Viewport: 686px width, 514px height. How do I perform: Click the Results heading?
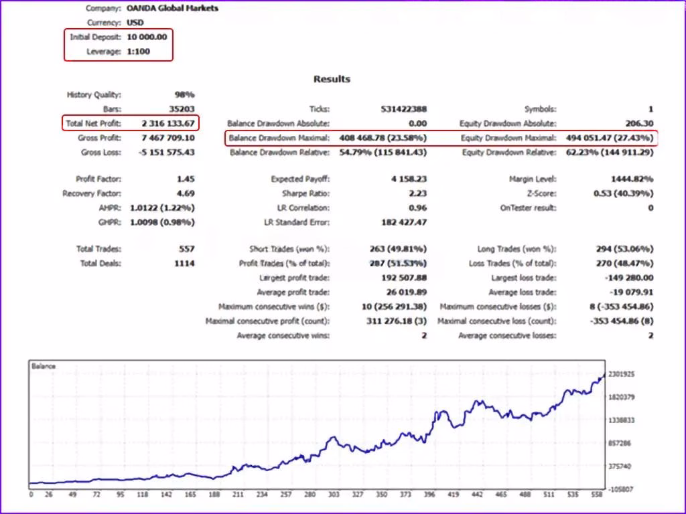click(332, 79)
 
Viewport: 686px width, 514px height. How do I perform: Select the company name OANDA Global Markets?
click(172, 8)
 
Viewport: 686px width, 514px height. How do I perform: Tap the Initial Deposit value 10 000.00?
click(147, 37)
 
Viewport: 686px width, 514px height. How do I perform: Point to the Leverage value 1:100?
click(138, 52)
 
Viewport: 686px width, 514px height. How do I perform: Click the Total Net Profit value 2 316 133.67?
click(168, 123)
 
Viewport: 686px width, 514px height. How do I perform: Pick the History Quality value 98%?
click(184, 94)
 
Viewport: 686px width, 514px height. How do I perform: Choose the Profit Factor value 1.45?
click(186, 179)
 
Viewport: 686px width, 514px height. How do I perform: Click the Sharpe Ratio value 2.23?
click(417, 193)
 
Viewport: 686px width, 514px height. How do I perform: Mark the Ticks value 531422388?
click(404, 109)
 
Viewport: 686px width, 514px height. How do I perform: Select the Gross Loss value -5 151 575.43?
click(166, 152)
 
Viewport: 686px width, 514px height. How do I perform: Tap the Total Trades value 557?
click(187, 249)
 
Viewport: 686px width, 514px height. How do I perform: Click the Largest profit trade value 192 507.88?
click(404, 278)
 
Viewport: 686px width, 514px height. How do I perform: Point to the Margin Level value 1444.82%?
click(632, 179)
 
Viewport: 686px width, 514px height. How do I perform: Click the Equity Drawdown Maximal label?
click(508, 138)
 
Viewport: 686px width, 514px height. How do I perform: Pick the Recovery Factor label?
click(92, 193)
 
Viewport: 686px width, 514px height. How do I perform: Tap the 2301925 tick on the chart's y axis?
click(621, 374)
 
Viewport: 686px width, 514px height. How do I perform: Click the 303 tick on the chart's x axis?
click(334, 495)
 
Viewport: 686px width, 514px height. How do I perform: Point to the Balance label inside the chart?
click(44, 366)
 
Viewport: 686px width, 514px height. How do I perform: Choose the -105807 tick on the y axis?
click(620, 489)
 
